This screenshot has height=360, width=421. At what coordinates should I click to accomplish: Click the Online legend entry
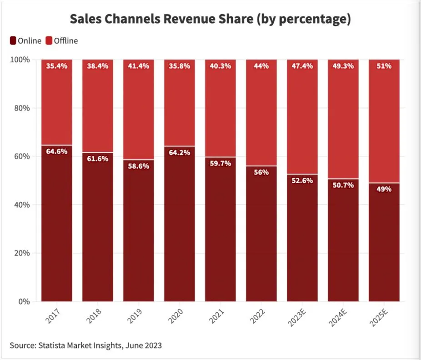click(25, 41)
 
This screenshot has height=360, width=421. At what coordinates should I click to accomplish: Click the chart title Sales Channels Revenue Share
click(210, 19)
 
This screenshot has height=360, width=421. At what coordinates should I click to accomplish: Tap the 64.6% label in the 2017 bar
click(57, 151)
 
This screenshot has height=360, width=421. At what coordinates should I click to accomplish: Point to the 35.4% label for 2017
click(57, 66)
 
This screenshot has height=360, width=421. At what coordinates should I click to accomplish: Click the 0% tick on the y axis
click(24, 301)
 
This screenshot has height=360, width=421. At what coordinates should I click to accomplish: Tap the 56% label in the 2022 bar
click(261, 172)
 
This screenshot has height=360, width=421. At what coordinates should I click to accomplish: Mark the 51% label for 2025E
click(384, 66)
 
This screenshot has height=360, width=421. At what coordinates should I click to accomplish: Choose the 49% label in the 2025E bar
click(384, 189)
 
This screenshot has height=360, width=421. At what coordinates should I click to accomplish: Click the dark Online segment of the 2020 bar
click(180, 227)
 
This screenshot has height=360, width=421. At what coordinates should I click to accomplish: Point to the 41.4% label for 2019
click(139, 66)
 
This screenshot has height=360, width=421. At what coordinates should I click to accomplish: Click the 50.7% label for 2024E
click(343, 185)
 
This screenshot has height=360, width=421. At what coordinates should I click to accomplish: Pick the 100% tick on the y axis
click(20, 60)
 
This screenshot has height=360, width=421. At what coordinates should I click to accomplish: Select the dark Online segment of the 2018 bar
click(98, 227)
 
